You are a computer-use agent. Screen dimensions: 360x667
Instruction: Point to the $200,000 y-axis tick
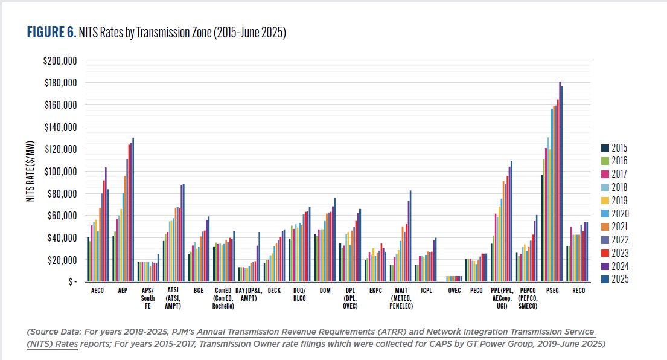pyautogui.click(x=59, y=61)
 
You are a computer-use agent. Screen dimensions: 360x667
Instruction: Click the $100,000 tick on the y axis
pyautogui.click(x=59, y=172)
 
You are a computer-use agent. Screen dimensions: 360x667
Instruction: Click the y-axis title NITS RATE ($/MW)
pyautogui.click(x=31, y=172)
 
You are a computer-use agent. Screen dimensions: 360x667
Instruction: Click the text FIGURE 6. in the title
pyautogui.click(x=51, y=33)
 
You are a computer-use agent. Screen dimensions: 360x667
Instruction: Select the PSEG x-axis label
pyautogui.click(x=553, y=291)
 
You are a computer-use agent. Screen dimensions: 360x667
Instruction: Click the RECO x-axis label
pyautogui.click(x=578, y=291)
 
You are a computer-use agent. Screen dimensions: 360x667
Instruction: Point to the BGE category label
pyautogui.click(x=198, y=291)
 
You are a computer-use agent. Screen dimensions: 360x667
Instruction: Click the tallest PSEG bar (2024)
pyautogui.click(x=560, y=181)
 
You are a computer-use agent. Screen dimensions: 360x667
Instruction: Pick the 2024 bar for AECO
pyautogui.click(x=106, y=224)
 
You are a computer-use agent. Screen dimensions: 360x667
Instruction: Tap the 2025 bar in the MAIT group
pyautogui.click(x=411, y=236)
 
